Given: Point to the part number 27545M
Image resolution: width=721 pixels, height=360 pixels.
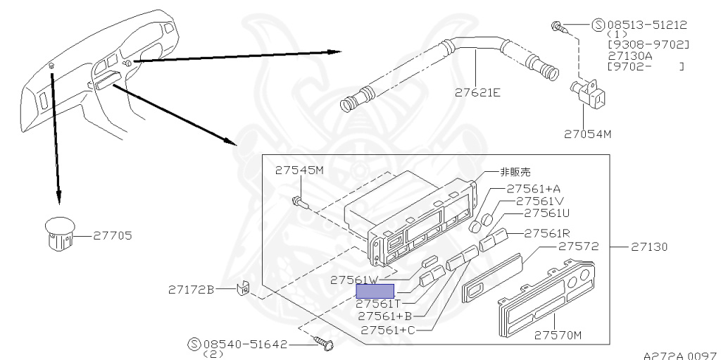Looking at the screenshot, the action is click(x=299, y=170).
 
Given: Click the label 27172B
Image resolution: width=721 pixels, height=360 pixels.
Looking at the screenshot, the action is click(x=190, y=289).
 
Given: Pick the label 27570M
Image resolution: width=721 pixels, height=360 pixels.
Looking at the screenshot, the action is click(x=558, y=335).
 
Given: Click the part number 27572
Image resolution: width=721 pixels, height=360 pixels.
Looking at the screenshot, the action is click(x=578, y=247).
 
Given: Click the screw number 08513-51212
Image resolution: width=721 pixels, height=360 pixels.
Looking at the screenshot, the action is click(x=647, y=25).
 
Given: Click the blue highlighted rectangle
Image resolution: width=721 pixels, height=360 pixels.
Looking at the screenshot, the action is click(x=375, y=290).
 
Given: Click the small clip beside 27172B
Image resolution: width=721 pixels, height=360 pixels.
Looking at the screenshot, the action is click(x=244, y=289).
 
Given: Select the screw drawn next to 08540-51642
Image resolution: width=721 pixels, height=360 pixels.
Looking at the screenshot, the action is click(x=327, y=345).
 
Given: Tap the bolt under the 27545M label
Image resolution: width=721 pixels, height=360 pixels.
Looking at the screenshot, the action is click(x=299, y=202).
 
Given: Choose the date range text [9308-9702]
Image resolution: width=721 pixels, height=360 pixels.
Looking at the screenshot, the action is click(x=648, y=45).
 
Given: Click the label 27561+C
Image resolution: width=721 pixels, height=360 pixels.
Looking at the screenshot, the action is click(x=388, y=329).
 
